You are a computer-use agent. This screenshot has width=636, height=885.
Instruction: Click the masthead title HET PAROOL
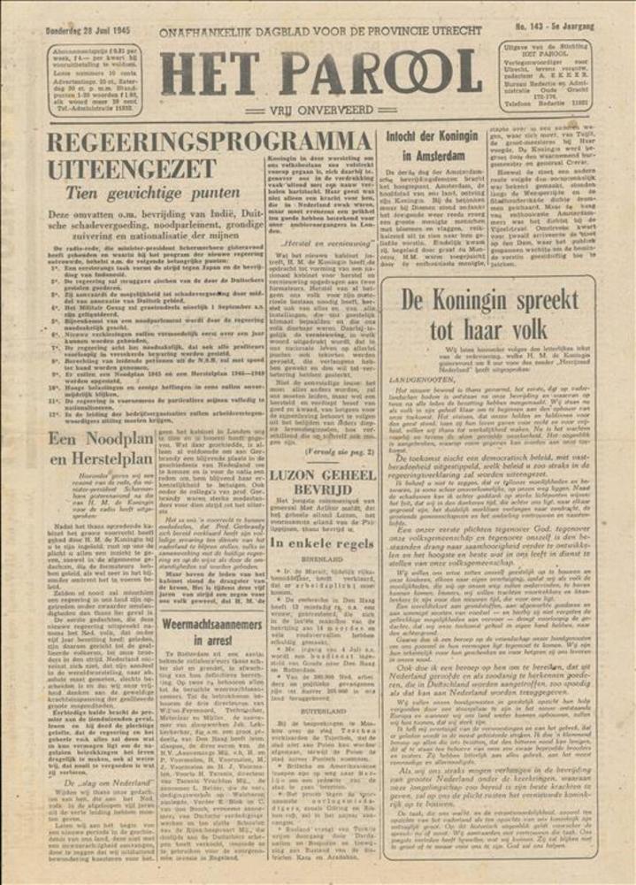click(x=320, y=73)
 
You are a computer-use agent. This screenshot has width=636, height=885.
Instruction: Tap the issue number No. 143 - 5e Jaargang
click(x=556, y=27)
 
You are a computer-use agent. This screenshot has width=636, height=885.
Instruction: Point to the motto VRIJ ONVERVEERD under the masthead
click(x=320, y=112)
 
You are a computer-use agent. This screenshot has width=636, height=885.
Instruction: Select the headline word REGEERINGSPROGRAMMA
click(x=209, y=143)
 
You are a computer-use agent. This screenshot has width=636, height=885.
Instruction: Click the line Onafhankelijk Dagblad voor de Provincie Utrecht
click(x=320, y=31)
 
